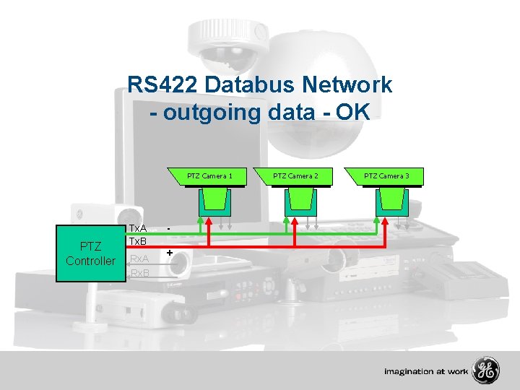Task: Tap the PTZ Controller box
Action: (x=90, y=253)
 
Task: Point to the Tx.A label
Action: (x=138, y=228)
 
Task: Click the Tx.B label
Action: (x=138, y=240)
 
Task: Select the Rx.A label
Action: (x=138, y=259)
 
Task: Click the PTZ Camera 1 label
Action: (x=209, y=175)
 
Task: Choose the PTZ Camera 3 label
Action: (x=386, y=175)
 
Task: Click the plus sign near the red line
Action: (x=169, y=253)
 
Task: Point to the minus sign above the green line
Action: (x=168, y=229)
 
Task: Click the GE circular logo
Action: (x=485, y=371)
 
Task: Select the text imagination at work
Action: (x=426, y=372)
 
